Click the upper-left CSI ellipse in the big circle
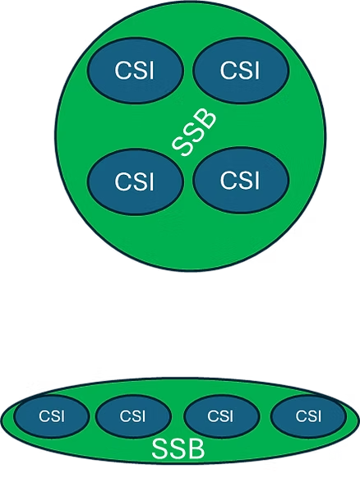coord(135,70)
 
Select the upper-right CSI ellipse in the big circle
coord(240,70)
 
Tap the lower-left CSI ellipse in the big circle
coord(134,181)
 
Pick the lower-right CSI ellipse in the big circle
coord(241,180)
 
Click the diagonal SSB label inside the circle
coord(194,132)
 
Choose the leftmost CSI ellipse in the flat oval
coord(52,416)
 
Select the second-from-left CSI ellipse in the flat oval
coord(133,416)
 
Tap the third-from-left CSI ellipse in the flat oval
coord(221,416)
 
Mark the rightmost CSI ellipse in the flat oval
coord(308,416)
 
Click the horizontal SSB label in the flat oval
coord(178,448)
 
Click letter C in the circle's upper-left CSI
coord(123,70)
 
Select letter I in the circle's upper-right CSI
coord(256,70)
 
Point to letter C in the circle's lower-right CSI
coord(228,180)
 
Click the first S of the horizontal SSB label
coord(160,448)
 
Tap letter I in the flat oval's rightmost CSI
coord(319,416)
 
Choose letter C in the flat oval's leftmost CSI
coord(44,416)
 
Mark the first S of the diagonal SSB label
coord(182,146)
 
